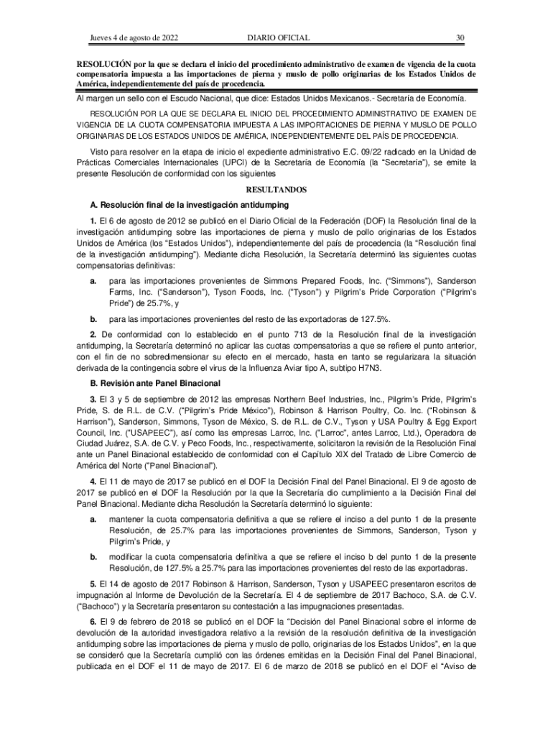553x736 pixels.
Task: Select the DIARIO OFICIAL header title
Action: tap(278, 37)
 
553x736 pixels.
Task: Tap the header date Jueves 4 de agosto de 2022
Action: tap(134, 37)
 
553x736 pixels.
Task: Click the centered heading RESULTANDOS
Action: tap(276, 189)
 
